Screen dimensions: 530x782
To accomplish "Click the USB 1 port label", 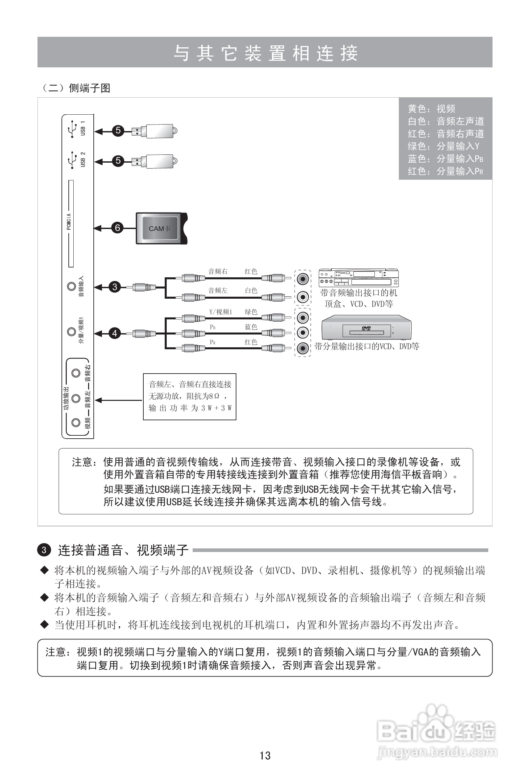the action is point(83,128).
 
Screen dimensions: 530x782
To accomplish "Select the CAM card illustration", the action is point(161,228).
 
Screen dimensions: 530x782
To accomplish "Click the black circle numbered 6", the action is point(117,228).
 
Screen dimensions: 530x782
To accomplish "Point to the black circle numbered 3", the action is point(115,287).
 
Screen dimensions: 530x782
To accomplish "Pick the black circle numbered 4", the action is point(115,333).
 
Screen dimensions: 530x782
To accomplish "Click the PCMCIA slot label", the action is point(69,222).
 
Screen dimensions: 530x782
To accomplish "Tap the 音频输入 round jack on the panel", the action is point(71,287).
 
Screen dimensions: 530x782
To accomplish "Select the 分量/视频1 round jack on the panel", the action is point(71,332).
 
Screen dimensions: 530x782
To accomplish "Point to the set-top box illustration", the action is point(358,278).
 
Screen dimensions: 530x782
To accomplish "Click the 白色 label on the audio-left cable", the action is point(251,291).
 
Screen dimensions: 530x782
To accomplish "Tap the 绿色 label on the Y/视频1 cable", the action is point(251,312).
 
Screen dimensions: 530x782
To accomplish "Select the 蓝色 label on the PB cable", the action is point(251,327).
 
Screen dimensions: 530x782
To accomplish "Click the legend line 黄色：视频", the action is point(431,109).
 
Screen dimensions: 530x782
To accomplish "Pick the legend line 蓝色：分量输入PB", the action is point(445,158).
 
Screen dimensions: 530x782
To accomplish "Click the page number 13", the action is point(265,756).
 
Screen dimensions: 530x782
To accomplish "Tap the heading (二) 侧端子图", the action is point(76,88).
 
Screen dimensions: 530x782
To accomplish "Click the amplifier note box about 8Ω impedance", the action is point(190,396).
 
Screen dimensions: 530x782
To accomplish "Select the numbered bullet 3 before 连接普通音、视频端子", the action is point(44,550).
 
